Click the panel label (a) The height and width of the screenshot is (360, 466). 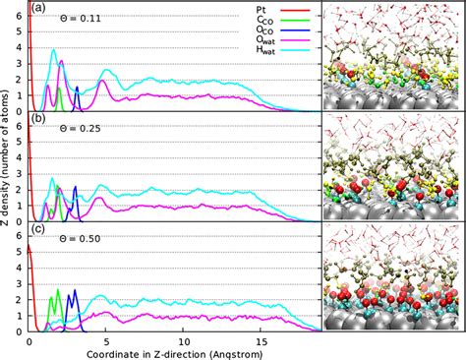(38, 8)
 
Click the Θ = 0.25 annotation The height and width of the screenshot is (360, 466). (65, 131)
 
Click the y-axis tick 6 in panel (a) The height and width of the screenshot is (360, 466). (21, 18)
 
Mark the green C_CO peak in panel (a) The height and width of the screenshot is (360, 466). (58, 88)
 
